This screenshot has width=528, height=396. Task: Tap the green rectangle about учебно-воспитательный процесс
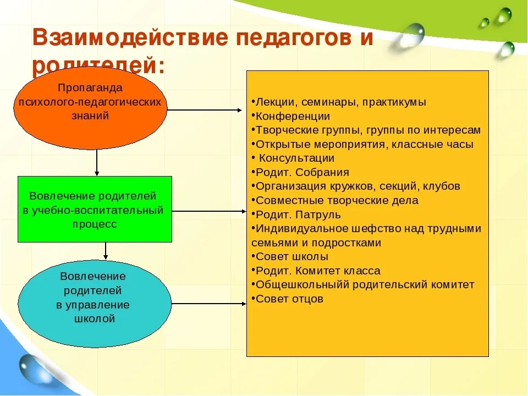click(95, 210)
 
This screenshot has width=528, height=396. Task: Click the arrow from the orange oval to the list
click(206, 109)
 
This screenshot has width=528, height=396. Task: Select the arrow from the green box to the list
click(209, 210)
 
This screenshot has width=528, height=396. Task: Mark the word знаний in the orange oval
click(90, 116)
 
